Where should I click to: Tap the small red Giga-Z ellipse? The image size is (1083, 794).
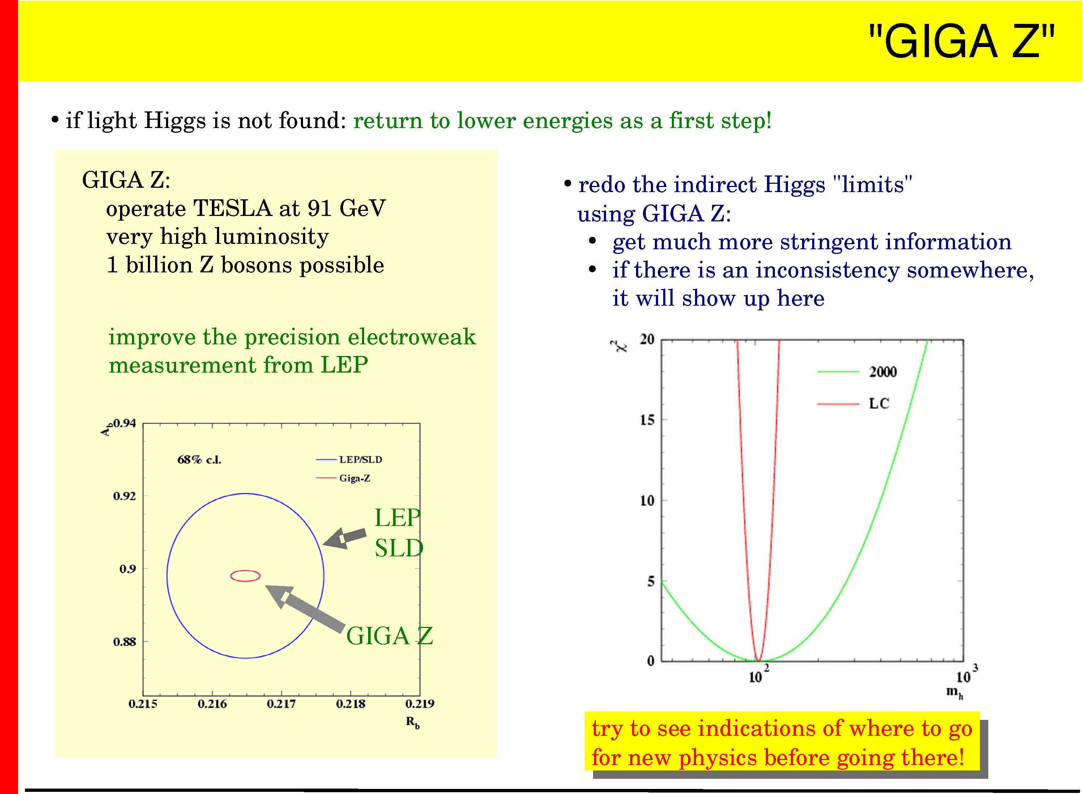pos(246,570)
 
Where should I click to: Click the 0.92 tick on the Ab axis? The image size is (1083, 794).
pos(124,496)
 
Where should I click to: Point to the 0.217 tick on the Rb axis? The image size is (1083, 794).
pos(282,704)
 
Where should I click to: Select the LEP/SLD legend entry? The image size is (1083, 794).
pos(349,459)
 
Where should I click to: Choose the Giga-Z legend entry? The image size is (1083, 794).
pos(343,478)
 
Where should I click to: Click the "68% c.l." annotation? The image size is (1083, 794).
pos(199,459)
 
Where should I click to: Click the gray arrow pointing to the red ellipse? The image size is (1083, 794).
pos(304,607)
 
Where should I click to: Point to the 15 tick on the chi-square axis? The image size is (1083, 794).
pos(647,420)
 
